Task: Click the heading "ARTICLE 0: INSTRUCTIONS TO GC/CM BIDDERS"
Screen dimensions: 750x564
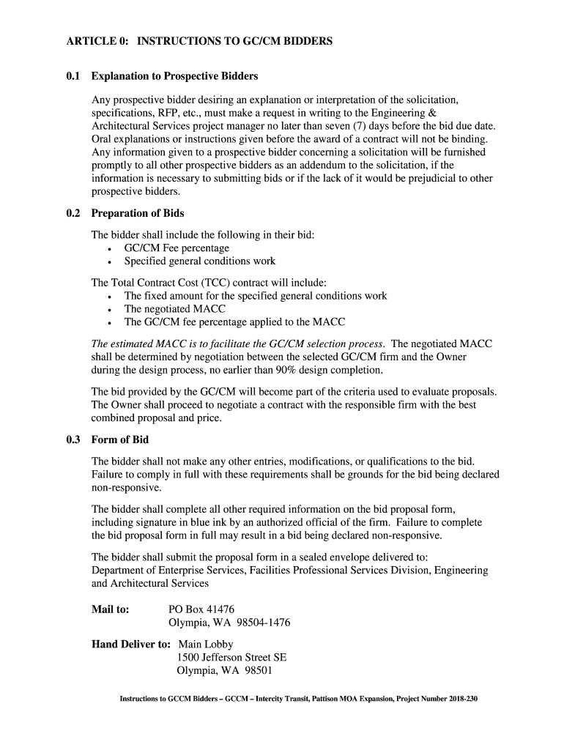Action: [x=198, y=42]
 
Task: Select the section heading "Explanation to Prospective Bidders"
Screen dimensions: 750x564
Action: [x=174, y=76]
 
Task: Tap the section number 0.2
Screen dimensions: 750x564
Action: [x=73, y=213]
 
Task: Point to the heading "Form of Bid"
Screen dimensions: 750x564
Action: [x=120, y=440]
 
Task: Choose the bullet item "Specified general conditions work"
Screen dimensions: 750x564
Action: [x=200, y=261]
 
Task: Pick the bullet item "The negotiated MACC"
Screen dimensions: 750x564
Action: [x=175, y=309]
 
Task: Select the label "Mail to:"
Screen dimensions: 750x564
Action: [x=110, y=609]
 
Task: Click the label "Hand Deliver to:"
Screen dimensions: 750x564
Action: [x=130, y=645]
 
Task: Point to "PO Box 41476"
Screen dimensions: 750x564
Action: [x=201, y=609]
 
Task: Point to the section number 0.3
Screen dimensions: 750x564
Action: [x=73, y=440]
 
